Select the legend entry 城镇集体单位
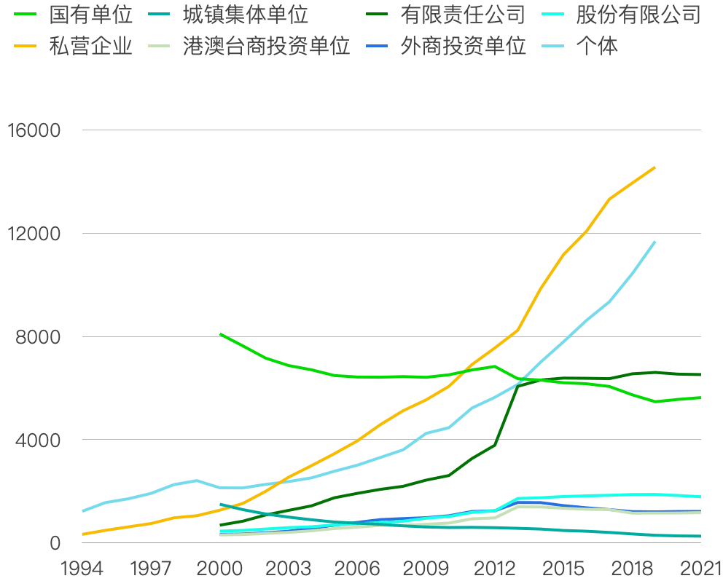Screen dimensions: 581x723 [245, 14]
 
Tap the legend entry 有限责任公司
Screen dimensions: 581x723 [462, 14]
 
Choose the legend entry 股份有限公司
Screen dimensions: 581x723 [638, 14]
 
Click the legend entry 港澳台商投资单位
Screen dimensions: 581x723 [266, 47]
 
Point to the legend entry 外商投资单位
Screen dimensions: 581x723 [462, 47]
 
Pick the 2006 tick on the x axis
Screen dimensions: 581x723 [356, 567]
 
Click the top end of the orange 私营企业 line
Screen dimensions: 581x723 [654, 167]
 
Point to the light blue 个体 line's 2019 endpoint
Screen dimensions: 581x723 [654, 242]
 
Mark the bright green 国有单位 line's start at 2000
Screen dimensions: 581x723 [220, 334]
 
